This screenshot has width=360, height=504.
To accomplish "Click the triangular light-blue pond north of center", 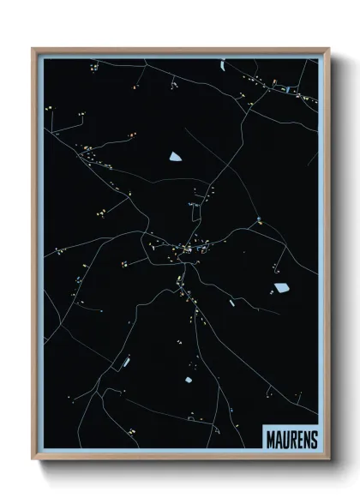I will [x=176, y=156].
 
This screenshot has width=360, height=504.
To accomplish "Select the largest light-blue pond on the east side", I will [x=279, y=288].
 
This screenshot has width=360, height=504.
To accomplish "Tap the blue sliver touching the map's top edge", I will [x=221, y=63].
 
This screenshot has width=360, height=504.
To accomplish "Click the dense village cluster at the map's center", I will [x=180, y=249].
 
